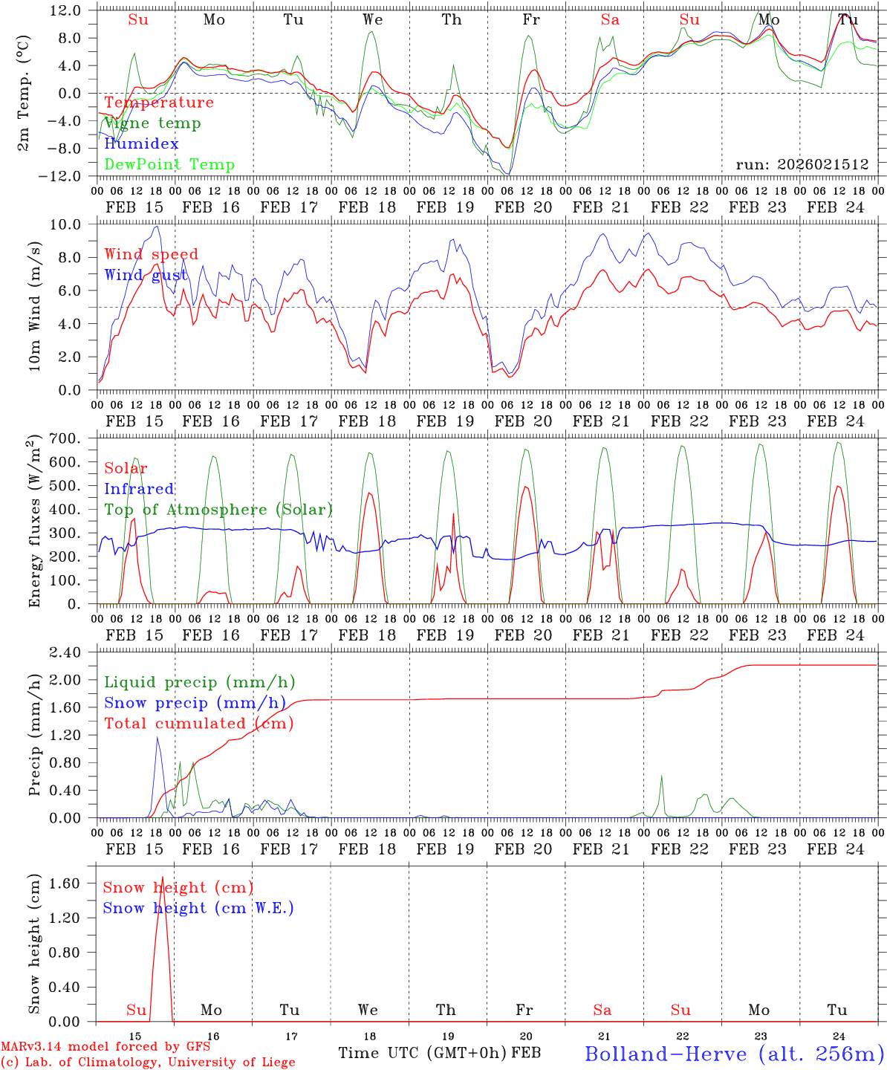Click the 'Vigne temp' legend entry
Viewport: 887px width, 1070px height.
tap(152, 123)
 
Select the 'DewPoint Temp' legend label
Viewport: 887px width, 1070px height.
tap(169, 165)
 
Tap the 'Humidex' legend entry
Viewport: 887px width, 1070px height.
tap(141, 144)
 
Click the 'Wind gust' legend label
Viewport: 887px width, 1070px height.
tap(146, 276)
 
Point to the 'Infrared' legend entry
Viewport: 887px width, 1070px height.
tap(139, 489)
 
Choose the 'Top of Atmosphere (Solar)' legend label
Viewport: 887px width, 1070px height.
tap(218, 510)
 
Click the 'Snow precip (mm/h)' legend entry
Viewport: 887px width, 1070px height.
tap(195, 703)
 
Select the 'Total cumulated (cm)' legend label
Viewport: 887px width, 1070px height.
tap(198, 724)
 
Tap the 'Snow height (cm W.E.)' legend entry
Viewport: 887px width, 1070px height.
tap(198, 908)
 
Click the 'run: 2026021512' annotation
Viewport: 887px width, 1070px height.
tap(802, 164)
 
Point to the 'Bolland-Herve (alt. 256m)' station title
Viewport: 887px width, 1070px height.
tap(734, 1053)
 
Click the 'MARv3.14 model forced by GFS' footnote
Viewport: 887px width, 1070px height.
tap(105, 1047)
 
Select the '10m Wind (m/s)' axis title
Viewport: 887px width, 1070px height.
tap(35, 305)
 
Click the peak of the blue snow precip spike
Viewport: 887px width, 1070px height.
tap(157, 737)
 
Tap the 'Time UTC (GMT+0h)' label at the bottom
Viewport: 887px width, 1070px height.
tap(422, 1053)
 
